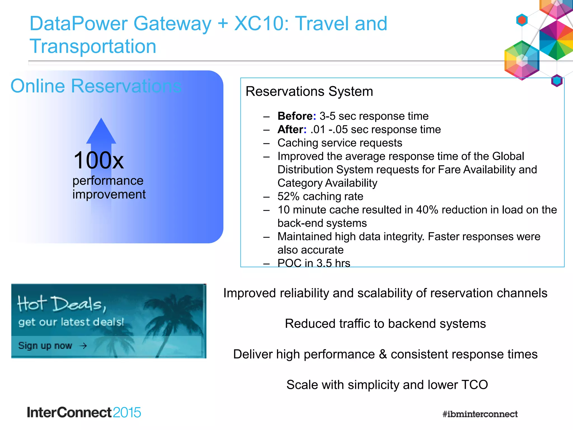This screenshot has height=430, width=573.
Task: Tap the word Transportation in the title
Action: [x=93, y=46]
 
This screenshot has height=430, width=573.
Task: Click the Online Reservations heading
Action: [x=96, y=86]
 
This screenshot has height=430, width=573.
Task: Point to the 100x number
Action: [x=98, y=161]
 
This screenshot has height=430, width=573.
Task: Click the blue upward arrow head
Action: [x=101, y=132]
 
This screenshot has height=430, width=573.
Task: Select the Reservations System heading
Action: [x=309, y=92]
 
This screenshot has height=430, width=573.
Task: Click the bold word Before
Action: [x=295, y=116]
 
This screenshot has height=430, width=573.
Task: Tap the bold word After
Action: [x=290, y=130]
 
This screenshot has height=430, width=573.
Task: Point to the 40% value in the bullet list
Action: [x=427, y=210]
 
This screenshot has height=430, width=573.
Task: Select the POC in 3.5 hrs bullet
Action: [x=314, y=263]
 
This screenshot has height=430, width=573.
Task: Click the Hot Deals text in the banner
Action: [x=62, y=304]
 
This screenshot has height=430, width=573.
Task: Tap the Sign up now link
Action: [x=45, y=346]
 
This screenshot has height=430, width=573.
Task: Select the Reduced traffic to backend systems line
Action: [x=385, y=324]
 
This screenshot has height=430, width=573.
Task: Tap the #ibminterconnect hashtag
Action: [x=480, y=414]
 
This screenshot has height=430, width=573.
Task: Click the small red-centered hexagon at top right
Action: [x=522, y=20]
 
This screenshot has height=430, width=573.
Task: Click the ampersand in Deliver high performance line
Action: [x=383, y=354]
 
